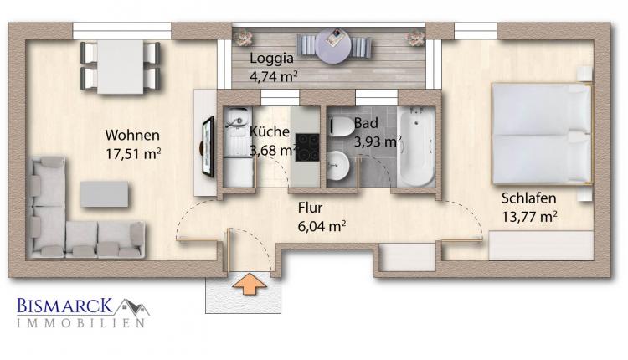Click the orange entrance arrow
(249, 285)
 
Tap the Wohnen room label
(132, 136)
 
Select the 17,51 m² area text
(133, 154)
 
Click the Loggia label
(271, 59)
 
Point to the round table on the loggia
(333, 46)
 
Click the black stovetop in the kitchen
(307, 147)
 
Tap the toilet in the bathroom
(341, 126)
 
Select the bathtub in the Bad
(416, 147)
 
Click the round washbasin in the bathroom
(337, 165)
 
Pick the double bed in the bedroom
(542, 133)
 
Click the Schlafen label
(528, 198)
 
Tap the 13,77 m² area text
(529, 217)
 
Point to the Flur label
(310, 208)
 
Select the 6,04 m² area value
(322, 226)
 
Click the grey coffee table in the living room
(105, 194)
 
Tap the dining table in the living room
(121, 67)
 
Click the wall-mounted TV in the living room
(208, 147)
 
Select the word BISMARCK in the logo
(64, 306)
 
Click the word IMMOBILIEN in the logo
(80, 323)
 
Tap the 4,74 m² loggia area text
(274, 76)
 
